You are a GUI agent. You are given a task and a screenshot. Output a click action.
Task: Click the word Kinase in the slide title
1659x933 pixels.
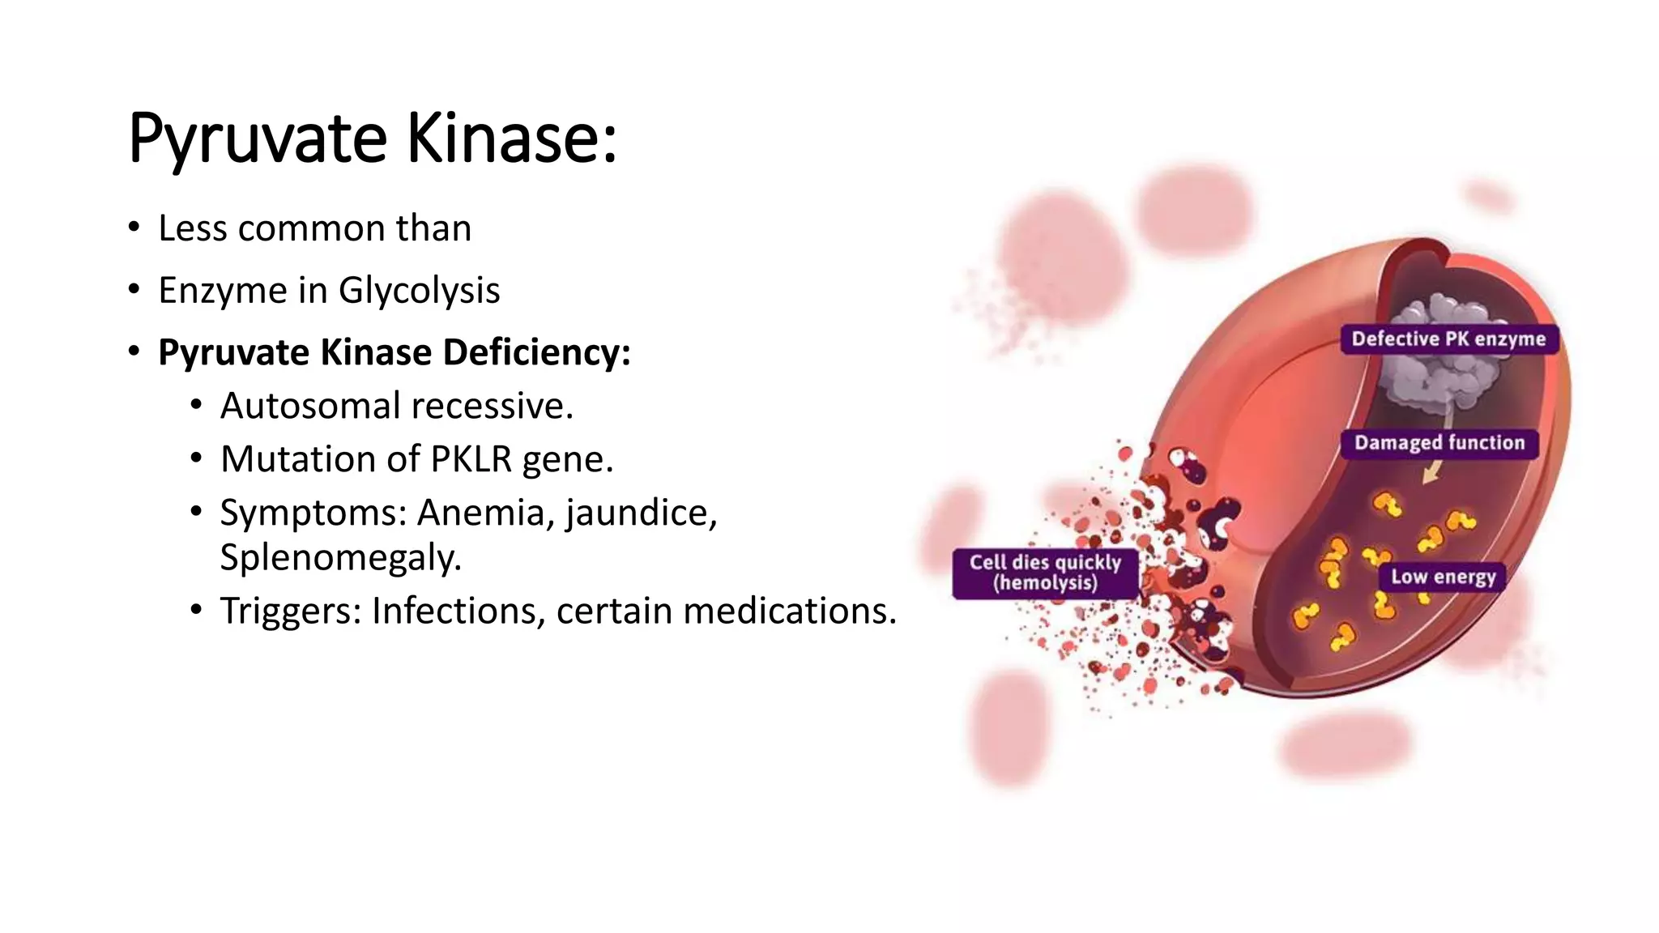coord(510,138)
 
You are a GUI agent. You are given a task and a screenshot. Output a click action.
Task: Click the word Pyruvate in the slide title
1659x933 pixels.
coord(258,139)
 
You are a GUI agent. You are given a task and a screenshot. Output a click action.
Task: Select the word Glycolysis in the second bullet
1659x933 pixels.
coord(419,291)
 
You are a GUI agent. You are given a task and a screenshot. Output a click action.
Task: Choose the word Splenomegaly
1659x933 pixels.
coord(340,557)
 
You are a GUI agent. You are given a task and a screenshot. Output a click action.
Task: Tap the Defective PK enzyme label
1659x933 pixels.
coord(1448,339)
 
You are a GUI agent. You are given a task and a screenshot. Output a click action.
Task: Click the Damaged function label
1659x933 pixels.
coord(1439,443)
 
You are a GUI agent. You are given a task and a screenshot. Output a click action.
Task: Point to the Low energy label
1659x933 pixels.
coord(1443,577)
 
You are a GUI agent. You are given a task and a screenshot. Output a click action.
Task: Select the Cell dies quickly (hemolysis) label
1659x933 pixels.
coord(1045,573)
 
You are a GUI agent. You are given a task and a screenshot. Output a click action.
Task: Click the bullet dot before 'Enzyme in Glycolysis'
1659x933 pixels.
coord(134,290)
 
